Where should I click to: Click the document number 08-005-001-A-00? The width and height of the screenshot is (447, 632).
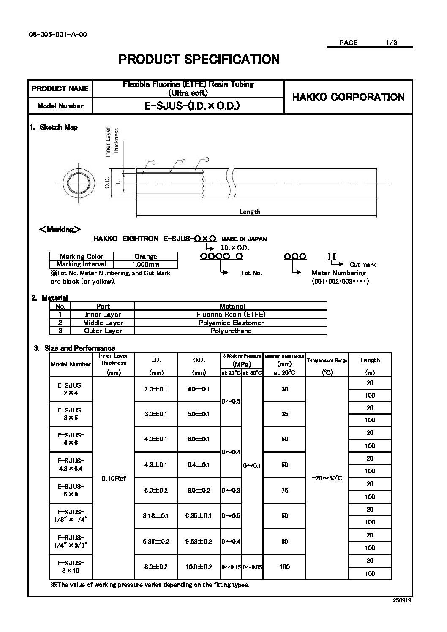[x=58, y=35]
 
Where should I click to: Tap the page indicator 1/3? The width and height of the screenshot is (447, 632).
[x=392, y=43]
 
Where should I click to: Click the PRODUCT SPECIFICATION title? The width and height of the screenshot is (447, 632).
[x=199, y=59]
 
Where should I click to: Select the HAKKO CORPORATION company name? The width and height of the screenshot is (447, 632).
[x=348, y=97]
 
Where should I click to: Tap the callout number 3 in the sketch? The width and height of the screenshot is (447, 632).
[x=207, y=160]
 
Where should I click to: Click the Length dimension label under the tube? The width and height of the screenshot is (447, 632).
[x=250, y=212]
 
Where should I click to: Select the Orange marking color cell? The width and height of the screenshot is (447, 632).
[x=145, y=256]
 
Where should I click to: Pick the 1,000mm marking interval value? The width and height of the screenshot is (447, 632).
[x=145, y=264]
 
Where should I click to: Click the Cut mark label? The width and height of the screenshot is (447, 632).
[x=363, y=265]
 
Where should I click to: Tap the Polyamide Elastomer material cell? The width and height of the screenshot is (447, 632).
[x=231, y=323]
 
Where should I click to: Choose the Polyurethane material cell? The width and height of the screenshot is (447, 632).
[x=231, y=331]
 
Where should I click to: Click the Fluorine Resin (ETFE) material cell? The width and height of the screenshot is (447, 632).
[x=231, y=314]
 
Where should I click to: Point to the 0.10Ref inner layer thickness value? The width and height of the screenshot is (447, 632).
[x=114, y=478]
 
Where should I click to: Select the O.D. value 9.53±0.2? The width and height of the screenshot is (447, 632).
[x=199, y=541]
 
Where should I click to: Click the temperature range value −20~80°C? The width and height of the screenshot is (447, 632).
[x=327, y=478]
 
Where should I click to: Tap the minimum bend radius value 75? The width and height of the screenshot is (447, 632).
[x=284, y=490]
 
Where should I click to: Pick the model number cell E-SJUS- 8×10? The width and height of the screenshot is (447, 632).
[x=71, y=567]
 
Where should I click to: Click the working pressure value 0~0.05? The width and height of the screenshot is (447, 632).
[x=252, y=567]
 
